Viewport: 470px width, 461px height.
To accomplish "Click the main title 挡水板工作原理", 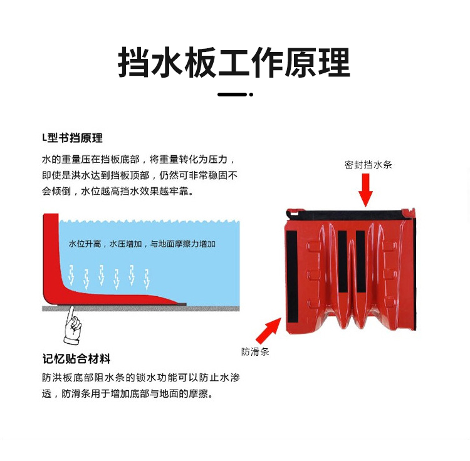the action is pyautogui.click(x=234, y=63).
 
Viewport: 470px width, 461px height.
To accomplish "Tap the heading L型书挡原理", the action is pyautogui.click(x=72, y=138).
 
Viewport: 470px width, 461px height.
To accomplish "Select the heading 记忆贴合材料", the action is pyautogui.click(x=76, y=358).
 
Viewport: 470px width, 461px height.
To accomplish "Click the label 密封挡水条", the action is pyautogui.click(x=368, y=165).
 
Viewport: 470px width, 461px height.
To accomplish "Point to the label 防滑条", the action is pyautogui.click(x=255, y=351).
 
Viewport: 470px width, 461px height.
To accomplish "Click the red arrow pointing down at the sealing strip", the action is pyautogui.click(x=365, y=190).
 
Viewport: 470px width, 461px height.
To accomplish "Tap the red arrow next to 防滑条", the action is pyautogui.click(x=269, y=331).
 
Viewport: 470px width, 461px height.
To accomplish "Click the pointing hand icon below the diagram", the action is pyautogui.click(x=72, y=325).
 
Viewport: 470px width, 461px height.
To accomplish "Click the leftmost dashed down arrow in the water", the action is pyautogui.click(x=71, y=275).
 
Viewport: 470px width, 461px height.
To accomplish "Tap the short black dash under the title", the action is pyautogui.click(x=232, y=95).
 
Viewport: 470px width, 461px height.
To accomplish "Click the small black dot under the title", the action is pyautogui.click(x=251, y=95).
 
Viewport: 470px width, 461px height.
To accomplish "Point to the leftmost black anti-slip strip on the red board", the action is pyautogui.click(x=291, y=277).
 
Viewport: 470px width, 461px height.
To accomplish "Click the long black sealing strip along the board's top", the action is pyautogui.click(x=349, y=214).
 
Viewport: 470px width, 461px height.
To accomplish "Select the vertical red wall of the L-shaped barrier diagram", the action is pyautogui.click(x=51, y=254).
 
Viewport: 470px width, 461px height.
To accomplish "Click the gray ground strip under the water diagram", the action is pyautogui.click(x=141, y=308).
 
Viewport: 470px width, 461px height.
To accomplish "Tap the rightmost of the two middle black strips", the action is pyautogui.click(x=361, y=261).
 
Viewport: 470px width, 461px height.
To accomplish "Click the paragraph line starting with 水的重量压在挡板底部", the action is pyautogui.click(x=138, y=159).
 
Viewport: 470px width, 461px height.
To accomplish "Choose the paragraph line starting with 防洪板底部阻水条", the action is pyautogui.click(x=141, y=378).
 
